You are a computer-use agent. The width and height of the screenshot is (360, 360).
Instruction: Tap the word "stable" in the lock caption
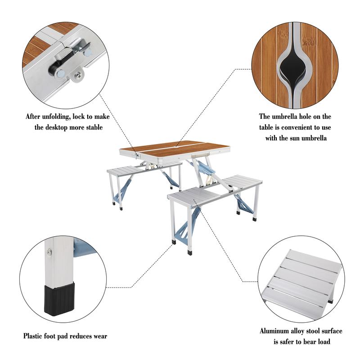93,127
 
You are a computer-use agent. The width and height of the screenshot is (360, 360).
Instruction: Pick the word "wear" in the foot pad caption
99,336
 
